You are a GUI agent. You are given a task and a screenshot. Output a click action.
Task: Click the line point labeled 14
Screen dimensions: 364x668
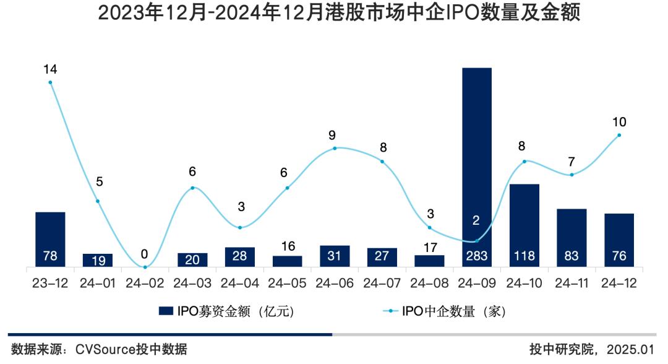click(50, 82)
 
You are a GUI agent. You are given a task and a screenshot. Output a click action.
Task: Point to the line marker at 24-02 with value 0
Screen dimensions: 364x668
click(145, 267)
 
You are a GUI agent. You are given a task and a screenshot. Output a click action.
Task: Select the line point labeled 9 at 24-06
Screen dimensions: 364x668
click(335, 148)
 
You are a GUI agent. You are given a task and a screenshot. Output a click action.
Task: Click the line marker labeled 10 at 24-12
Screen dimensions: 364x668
click(619, 135)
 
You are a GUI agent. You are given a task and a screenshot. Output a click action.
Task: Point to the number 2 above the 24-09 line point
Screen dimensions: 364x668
click(476, 220)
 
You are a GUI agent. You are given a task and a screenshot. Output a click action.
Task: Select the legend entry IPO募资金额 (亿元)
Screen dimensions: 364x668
click(226, 311)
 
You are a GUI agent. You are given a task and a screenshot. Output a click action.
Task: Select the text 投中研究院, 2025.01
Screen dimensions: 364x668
click(591, 349)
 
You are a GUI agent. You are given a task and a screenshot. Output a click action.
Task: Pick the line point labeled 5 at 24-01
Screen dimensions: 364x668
click(98, 201)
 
